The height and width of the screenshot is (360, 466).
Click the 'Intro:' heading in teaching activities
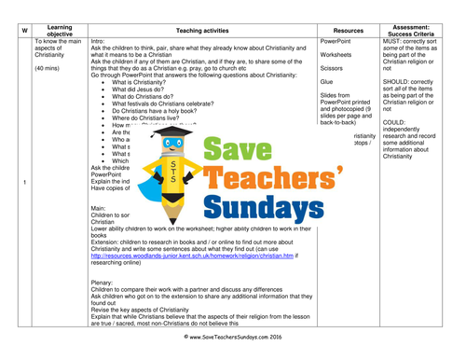tap(100, 42)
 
